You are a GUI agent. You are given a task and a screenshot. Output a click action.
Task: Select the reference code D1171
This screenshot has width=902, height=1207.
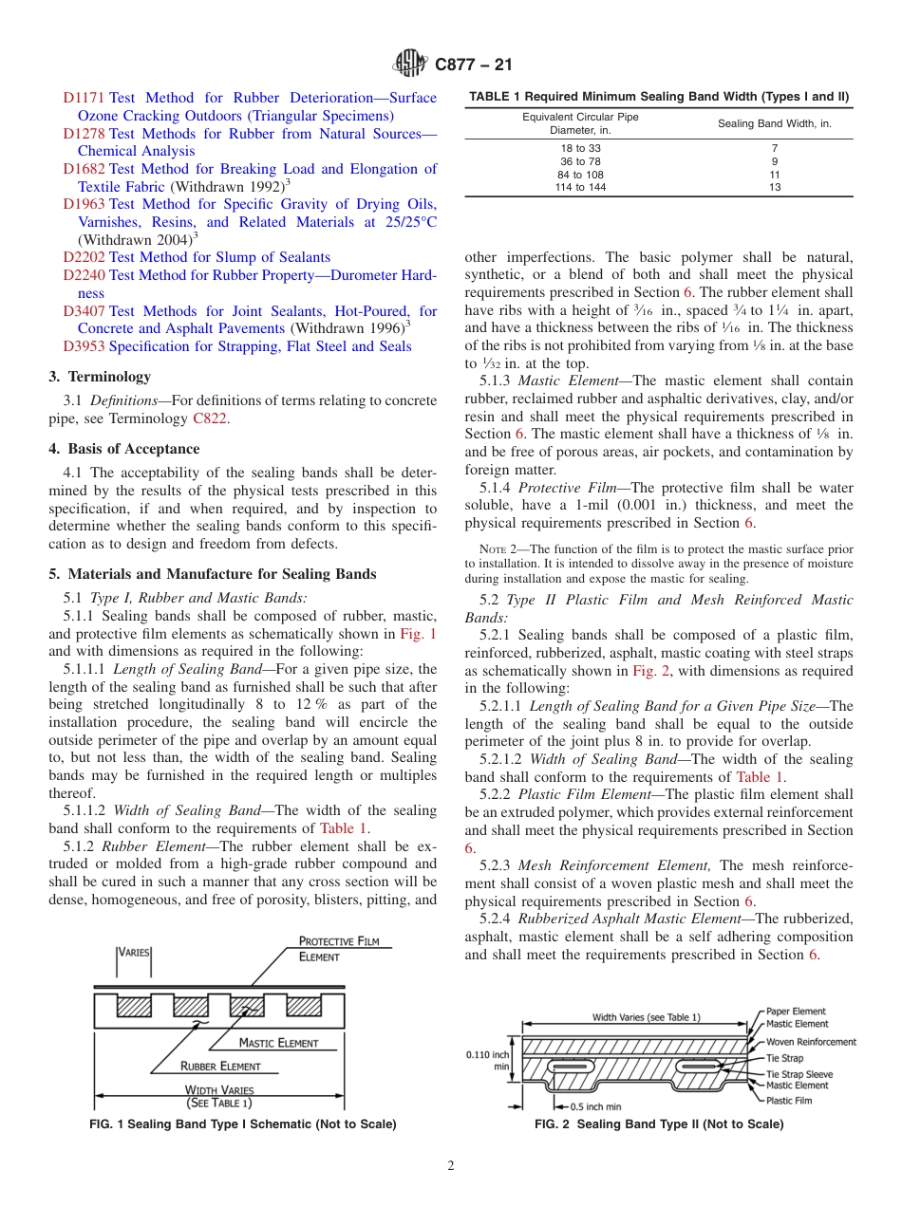(x=85, y=98)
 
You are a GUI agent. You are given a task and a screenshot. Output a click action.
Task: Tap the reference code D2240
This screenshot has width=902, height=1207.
(x=85, y=275)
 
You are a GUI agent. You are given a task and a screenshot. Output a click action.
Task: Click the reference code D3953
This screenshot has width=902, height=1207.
(x=85, y=346)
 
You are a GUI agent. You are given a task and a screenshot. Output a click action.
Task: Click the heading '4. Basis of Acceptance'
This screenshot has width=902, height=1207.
(x=123, y=449)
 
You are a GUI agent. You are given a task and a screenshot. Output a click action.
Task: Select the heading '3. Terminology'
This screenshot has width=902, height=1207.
(x=99, y=377)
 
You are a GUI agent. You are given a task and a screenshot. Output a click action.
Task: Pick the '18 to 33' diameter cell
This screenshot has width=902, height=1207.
(x=580, y=148)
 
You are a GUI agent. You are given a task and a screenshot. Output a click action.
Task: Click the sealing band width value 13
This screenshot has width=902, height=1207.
(x=774, y=188)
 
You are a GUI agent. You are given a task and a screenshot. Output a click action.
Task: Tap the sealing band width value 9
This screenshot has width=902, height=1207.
(x=774, y=161)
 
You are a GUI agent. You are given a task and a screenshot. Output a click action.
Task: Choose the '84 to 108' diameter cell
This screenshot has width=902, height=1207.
(x=580, y=175)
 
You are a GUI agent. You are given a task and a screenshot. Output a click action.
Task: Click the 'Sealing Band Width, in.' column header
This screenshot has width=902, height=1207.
(x=774, y=123)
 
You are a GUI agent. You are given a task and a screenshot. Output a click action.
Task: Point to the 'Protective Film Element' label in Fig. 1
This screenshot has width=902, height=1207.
(x=339, y=949)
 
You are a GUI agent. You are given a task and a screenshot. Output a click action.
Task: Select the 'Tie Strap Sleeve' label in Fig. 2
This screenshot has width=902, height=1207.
(x=799, y=1074)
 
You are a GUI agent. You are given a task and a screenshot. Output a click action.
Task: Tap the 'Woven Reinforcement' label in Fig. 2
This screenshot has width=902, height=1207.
(x=811, y=1042)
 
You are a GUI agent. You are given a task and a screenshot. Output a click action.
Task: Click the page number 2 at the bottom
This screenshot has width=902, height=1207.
(x=451, y=1166)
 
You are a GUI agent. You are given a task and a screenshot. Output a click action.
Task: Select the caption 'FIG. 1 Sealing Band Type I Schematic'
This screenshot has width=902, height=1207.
(x=242, y=1124)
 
